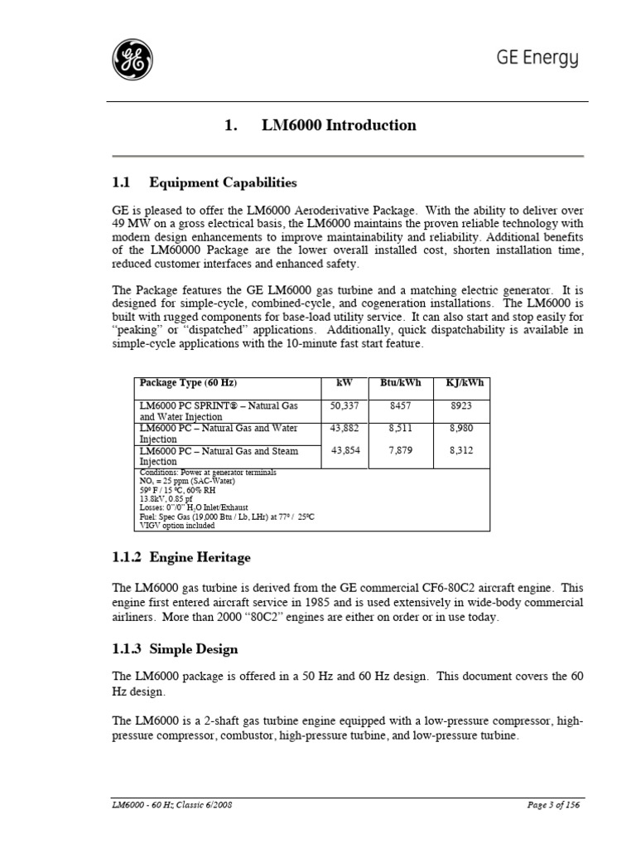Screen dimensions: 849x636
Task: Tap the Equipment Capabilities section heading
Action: coord(204,182)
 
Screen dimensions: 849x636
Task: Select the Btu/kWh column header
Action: coord(400,383)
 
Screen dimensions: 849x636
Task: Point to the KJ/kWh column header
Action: coord(464,383)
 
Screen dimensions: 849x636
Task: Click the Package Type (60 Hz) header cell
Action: coord(189,383)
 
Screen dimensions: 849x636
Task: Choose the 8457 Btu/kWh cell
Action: coord(401,406)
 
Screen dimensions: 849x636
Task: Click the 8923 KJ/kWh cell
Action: coord(464,406)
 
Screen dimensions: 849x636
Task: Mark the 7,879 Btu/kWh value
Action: coord(401,451)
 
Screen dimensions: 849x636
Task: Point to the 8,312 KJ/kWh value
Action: coord(464,451)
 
